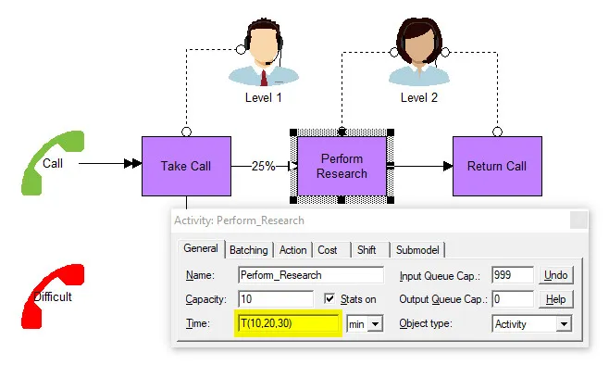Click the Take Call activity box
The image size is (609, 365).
tap(186, 166)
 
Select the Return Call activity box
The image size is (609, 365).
tap(497, 166)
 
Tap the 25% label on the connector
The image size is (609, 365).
tap(263, 167)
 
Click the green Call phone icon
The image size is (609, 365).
tap(53, 163)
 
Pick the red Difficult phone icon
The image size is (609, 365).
tap(53, 296)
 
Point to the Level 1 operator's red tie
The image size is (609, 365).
tap(264, 78)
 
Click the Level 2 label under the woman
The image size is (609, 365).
tap(419, 97)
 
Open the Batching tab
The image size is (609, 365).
tap(249, 250)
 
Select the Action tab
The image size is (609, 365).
tap(292, 250)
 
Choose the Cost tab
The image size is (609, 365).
tap(328, 250)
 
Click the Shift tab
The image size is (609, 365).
tap(367, 250)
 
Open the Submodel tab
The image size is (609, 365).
tap(417, 250)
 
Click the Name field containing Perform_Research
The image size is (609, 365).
tap(311, 275)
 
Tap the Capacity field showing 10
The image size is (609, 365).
tap(276, 299)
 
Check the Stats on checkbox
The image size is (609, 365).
tap(329, 298)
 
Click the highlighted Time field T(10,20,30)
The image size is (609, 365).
tap(288, 323)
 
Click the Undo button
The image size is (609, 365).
tap(556, 275)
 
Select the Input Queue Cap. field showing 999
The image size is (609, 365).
tap(513, 275)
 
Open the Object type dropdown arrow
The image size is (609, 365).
tap(564, 324)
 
